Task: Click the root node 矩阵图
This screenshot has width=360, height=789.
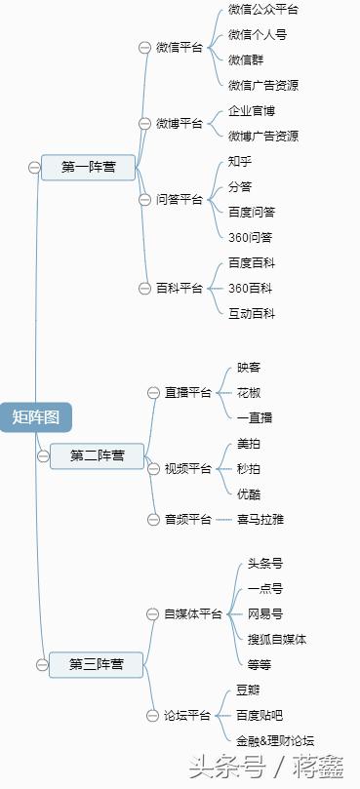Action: tap(36, 417)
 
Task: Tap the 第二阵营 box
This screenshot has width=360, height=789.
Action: tap(98, 455)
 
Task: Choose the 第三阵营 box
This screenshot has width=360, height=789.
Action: tap(96, 664)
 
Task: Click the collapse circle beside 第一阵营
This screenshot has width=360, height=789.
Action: tap(34, 168)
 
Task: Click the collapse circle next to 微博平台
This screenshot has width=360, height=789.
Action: tap(146, 124)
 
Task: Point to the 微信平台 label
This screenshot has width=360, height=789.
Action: tap(180, 47)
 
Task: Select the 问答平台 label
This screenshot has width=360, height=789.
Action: tap(180, 200)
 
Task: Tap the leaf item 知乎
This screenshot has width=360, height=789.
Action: tap(240, 161)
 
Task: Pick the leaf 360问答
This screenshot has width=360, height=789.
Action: tap(251, 237)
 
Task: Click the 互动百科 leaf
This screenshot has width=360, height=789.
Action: tap(252, 313)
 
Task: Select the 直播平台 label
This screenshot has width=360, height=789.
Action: tap(188, 392)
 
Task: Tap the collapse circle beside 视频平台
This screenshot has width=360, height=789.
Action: tap(154, 469)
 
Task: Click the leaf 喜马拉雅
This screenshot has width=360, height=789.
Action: tap(260, 520)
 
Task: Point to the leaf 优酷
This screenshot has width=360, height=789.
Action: tap(249, 494)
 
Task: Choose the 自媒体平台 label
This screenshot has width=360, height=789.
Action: tap(193, 613)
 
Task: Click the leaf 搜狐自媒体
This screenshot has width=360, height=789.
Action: tap(277, 639)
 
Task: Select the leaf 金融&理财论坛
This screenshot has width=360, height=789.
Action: tap(275, 740)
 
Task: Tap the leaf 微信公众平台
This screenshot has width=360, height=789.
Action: tap(263, 10)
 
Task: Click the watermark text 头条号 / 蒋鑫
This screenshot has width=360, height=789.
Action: tap(265, 767)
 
